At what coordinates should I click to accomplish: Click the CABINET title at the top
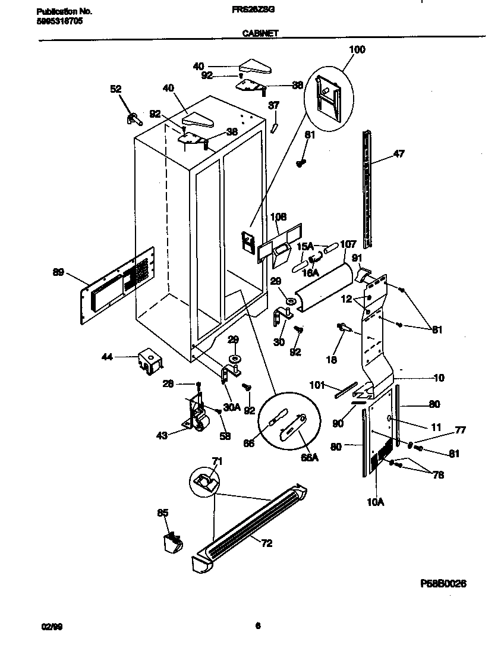pos(260,34)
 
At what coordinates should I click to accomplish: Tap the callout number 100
pos(357,49)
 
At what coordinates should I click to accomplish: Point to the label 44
pos(107,357)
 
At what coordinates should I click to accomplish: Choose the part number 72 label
pos(267,543)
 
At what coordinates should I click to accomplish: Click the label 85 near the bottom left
pos(163,512)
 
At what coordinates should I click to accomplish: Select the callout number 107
pos(348,244)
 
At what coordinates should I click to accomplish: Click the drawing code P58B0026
pos(443,584)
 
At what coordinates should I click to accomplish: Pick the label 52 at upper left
pos(115,89)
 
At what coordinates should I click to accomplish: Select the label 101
pos(319,385)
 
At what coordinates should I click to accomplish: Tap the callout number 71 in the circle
pos(217,461)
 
